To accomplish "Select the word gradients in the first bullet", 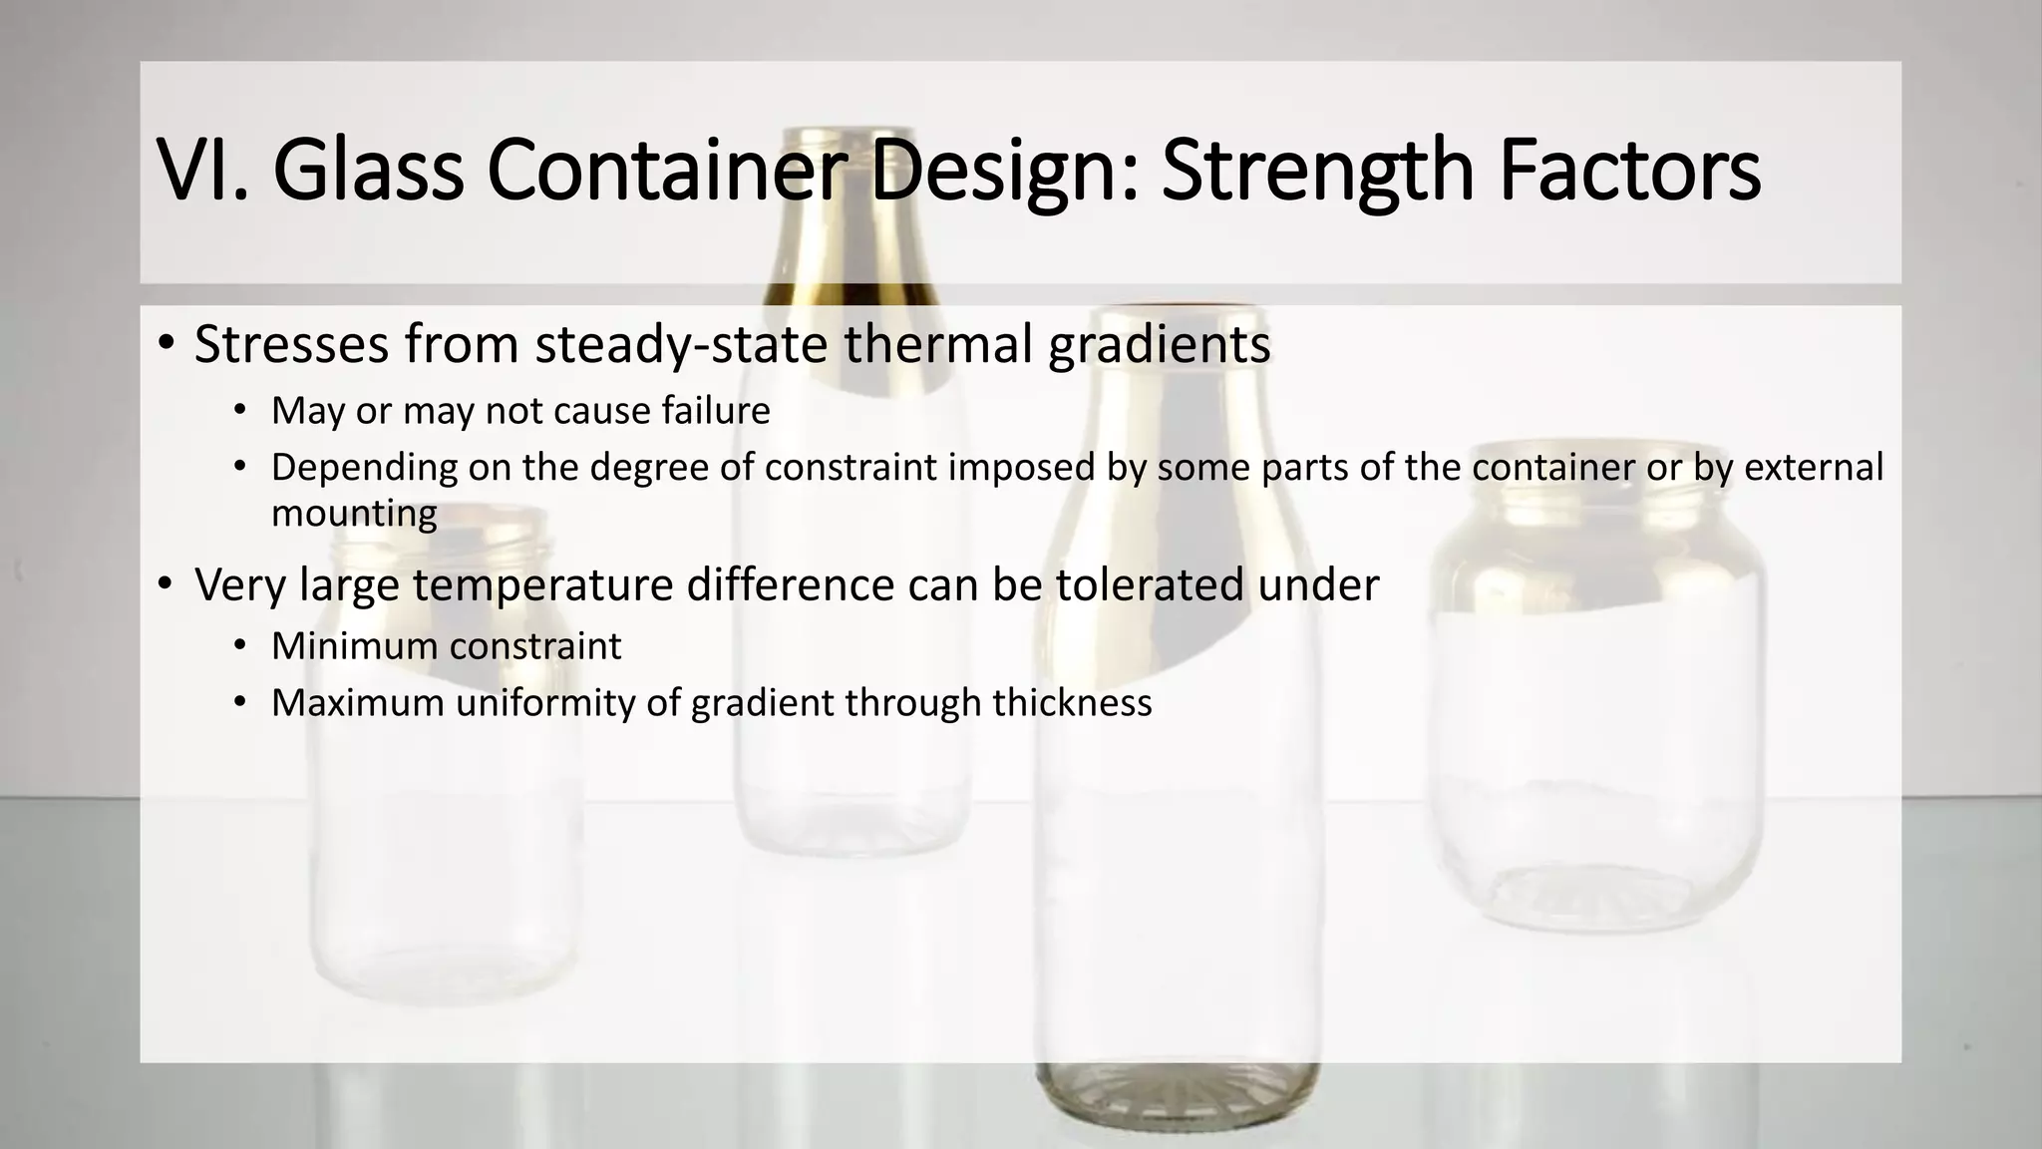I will [1159, 346].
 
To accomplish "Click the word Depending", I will [364, 468].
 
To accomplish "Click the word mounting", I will [354, 515].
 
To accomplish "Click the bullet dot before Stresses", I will [166, 344].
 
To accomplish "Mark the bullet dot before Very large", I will [166, 584].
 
